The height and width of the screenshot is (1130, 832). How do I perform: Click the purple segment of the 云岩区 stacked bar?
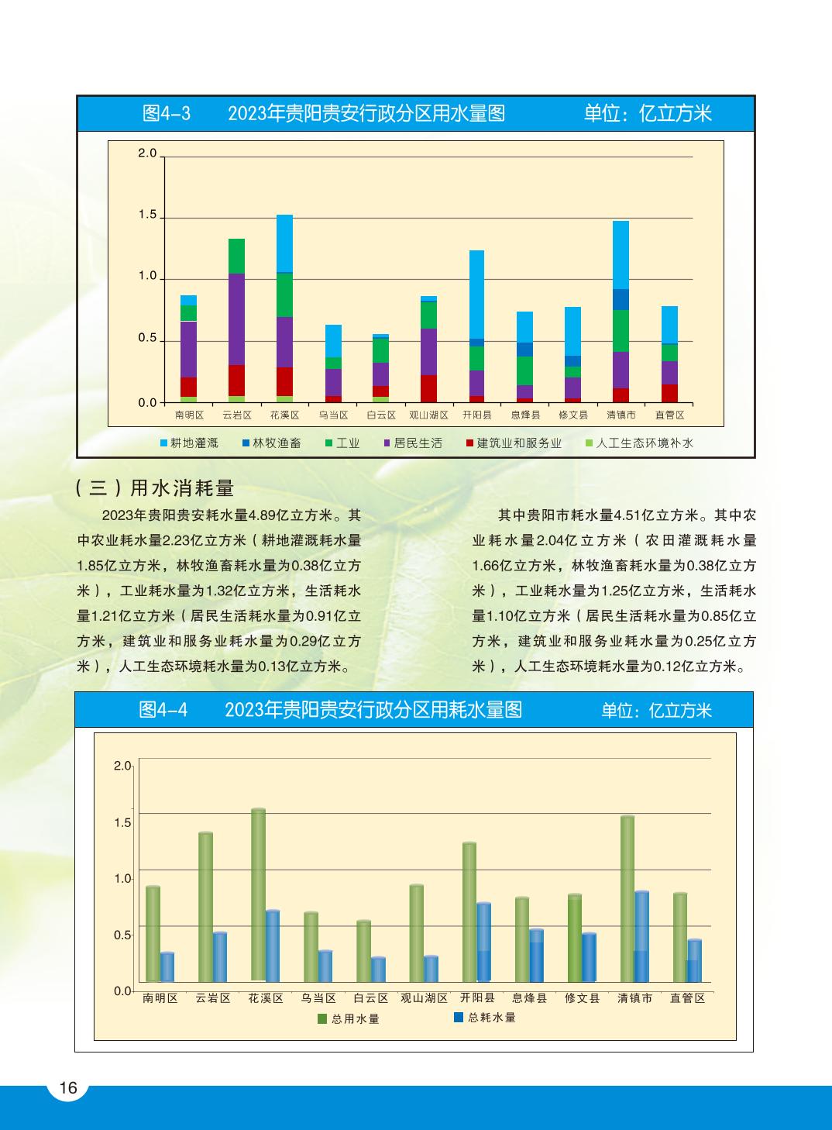[x=236, y=319]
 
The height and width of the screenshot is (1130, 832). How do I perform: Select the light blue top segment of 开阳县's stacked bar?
[x=476, y=294]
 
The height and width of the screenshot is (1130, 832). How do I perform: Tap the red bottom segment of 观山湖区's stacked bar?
[x=428, y=388]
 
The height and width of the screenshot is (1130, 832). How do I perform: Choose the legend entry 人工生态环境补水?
[x=644, y=443]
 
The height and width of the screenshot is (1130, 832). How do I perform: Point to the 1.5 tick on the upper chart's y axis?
[x=148, y=215]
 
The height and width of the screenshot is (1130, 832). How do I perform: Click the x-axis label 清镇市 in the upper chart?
[x=621, y=415]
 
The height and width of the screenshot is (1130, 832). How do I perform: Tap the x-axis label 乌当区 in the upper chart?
[x=333, y=415]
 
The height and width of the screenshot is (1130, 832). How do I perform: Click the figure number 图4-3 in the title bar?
[x=167, y=114]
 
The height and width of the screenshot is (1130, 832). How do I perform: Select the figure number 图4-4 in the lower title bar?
[x=163, y=710]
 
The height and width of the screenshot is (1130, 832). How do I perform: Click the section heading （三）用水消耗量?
[x=155, y=487]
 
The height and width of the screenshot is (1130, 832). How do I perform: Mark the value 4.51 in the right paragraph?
[x=628, y=515]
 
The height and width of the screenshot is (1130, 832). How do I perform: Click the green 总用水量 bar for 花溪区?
[x=258, y=895]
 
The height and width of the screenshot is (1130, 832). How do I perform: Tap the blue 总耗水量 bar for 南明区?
[x=167, y=967]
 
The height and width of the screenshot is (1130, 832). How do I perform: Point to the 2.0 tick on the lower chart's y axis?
[x=122, y=766]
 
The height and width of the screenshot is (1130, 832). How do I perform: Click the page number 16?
[x=68, y=1088]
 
